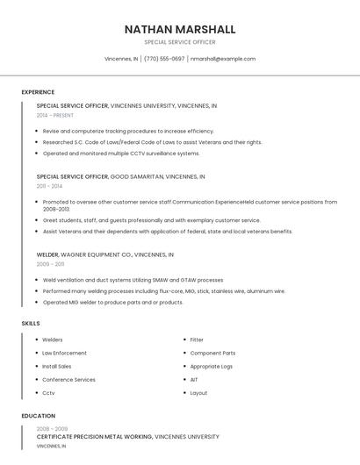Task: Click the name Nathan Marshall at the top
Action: coord(180,29)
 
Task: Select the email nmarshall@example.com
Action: coord(223,59)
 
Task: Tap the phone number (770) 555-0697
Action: coord(164,59)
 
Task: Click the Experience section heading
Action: coord(38,92)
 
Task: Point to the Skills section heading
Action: coord(30,324)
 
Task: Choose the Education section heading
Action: coord(38,416)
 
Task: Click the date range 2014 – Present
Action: coord(55,115)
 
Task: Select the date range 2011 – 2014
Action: coord(49,186)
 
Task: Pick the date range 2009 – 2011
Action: coord(50,264)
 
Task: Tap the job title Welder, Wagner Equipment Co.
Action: coord(105,254)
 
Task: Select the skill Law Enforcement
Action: coord(64,353)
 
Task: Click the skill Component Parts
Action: coord(212,353)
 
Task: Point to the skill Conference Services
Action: coord(68,380)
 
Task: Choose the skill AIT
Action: coord(194,380)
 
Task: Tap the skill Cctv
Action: coord(48,393)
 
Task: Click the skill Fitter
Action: coord(197,340)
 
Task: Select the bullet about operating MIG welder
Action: coord(112,303)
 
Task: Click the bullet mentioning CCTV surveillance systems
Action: coord(121,154)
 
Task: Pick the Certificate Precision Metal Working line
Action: coord(127,436)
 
